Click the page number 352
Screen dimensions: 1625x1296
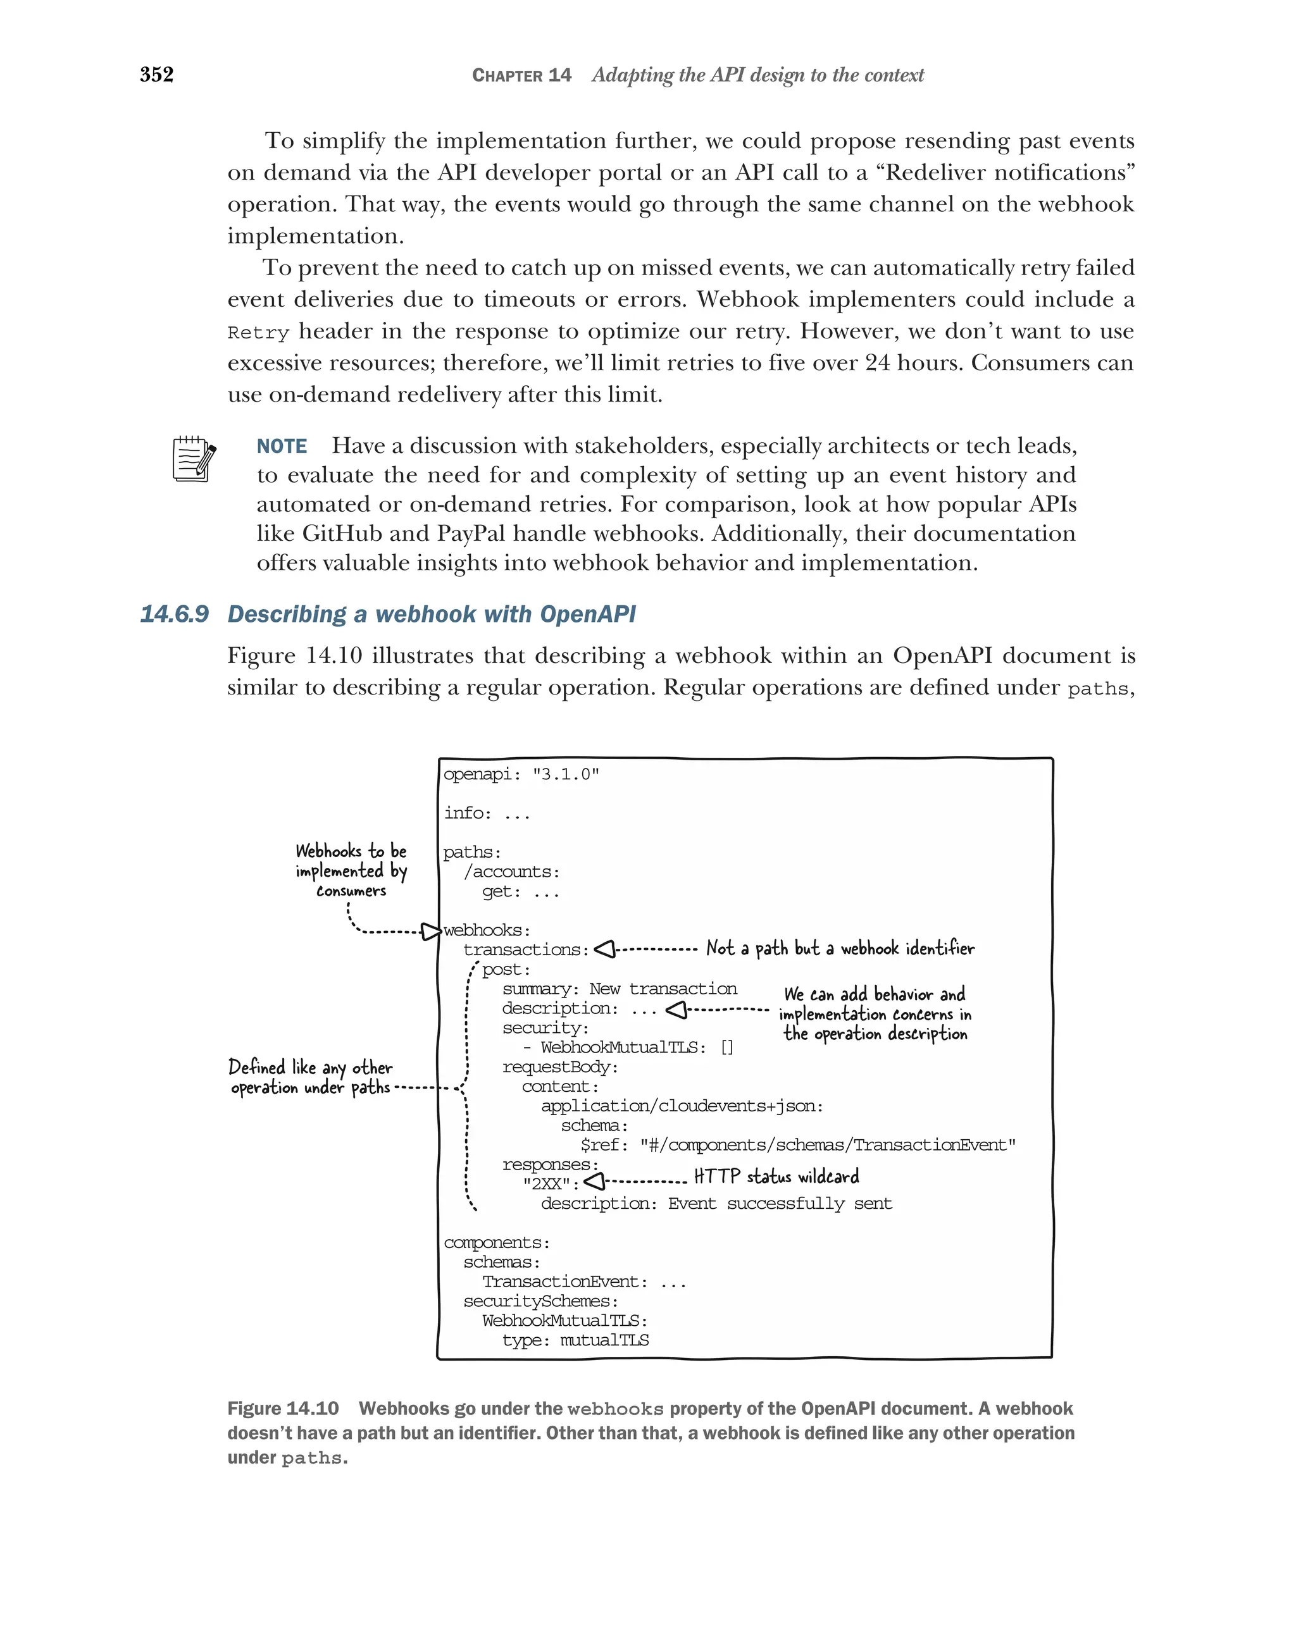157,75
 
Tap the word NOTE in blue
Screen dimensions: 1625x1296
281,446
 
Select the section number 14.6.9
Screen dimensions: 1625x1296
174,614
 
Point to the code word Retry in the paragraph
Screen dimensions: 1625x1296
258,332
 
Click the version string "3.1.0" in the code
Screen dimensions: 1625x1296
566,774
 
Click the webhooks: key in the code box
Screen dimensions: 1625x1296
486,930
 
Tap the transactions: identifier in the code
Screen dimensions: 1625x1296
525,949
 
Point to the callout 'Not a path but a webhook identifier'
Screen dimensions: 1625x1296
840,948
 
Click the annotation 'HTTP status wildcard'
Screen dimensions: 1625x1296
776,1177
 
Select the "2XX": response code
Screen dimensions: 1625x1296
551,1184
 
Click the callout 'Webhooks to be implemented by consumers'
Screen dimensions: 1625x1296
351,870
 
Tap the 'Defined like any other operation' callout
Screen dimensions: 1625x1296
311,1077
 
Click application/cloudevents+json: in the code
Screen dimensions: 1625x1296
682,1106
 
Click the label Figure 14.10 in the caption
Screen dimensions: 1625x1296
283,1409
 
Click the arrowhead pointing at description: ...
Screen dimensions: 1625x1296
676,1009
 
